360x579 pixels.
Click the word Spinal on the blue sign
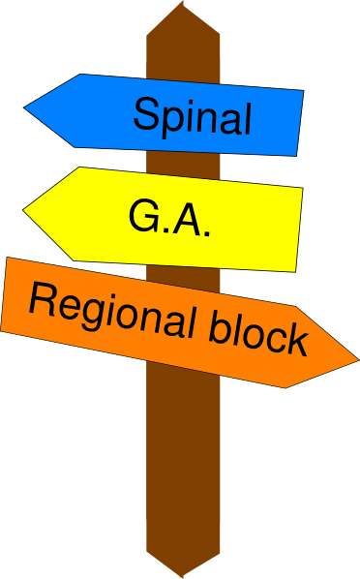193,117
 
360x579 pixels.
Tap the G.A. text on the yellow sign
169,218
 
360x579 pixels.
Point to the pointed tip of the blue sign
24,107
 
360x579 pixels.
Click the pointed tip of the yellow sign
23,210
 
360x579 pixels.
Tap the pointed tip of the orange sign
358,359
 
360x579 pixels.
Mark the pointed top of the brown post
182,2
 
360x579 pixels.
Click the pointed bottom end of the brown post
182,577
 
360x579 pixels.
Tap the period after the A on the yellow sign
207,233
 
